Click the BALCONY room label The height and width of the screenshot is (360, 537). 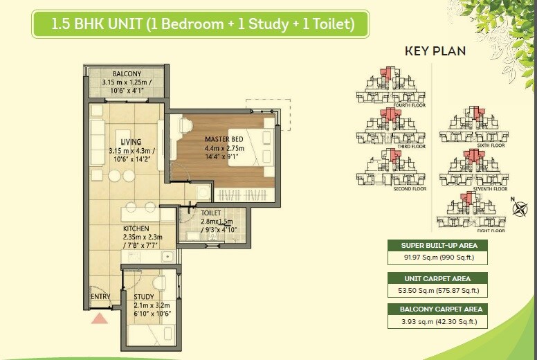pyautogui.click(x=126, y=74)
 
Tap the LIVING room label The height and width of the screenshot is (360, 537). pyautogui.click(x=130, y=142)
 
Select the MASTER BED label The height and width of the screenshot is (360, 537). pyautogui.click(x=224, y=139)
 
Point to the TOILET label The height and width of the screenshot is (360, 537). pyautogui.click(x=210, y=213)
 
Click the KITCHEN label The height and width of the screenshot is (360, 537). pyautogui.click(x=136, y=228)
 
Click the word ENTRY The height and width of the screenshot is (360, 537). pyautogui.click(x=100, y=297)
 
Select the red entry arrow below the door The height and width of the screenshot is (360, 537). pyautogui.click(x=100, y=318)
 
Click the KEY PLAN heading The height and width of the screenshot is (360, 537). pyautogui.click(x=435, y=51)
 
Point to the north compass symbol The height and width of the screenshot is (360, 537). pyautogui.click(x=517, y=206)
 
